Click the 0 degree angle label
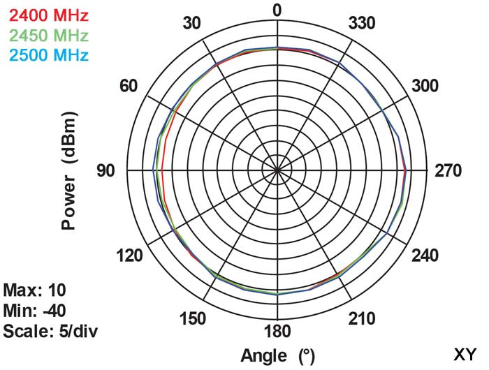pos(277,10)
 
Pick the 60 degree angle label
pos(129,87)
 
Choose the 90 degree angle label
pos(106,171)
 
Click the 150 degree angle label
pos(192,319)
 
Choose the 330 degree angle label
pos(362,24)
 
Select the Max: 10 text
pos(34,290)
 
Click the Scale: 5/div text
pos(49,330)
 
